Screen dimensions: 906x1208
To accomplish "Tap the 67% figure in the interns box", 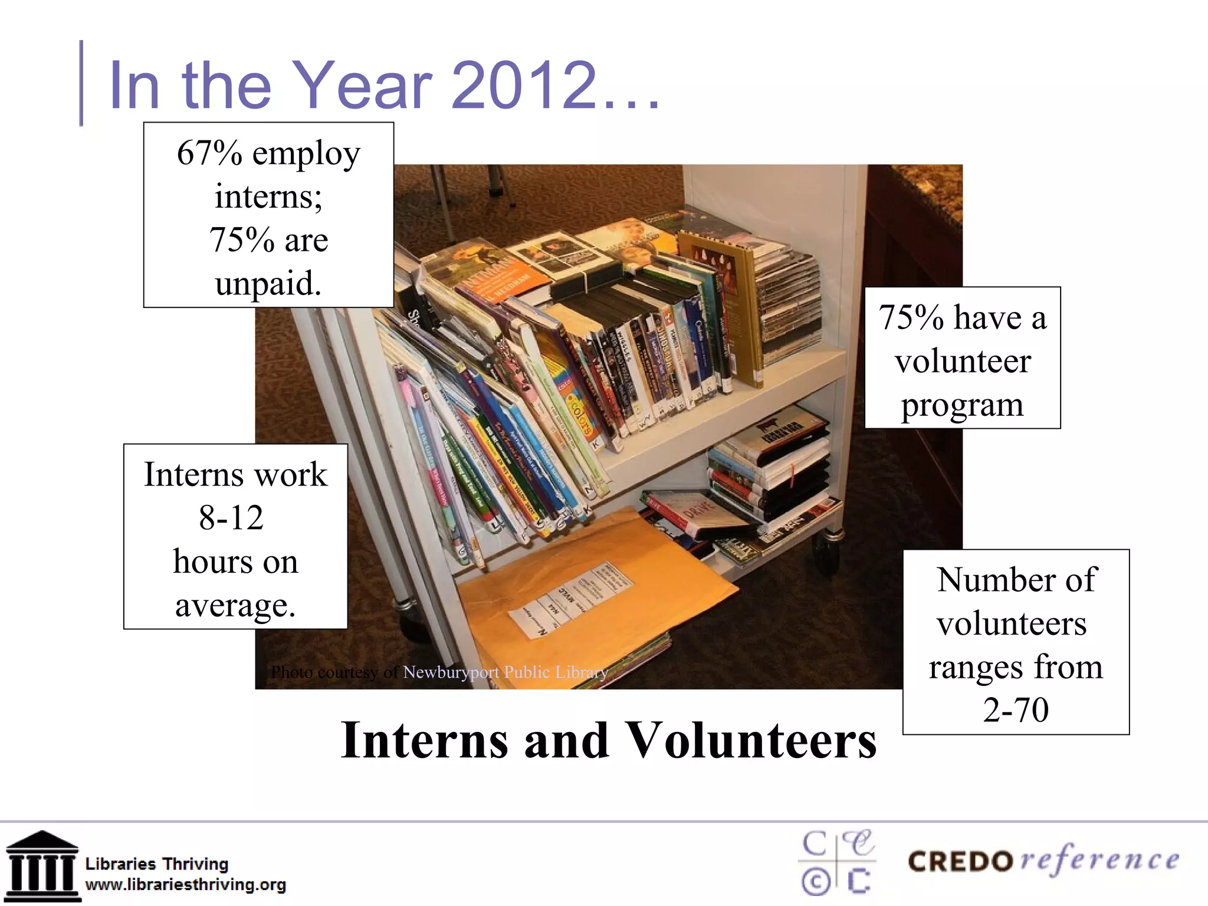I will (209, 153).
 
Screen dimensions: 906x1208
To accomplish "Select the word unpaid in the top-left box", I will (268, 284).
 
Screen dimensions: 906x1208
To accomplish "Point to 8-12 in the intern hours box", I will (231, 518).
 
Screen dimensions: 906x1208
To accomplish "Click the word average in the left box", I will (235, 606).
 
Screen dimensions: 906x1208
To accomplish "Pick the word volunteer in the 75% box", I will (963, 361).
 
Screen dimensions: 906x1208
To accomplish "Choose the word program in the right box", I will (962, 405).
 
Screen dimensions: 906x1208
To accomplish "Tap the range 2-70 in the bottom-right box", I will (1016, 709).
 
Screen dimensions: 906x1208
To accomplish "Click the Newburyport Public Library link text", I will (505, 672).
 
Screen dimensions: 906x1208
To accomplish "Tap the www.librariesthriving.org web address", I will (186, 885).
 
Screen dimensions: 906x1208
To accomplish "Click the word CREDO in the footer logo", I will (960, 862).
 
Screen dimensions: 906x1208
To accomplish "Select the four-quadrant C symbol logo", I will (836, 862).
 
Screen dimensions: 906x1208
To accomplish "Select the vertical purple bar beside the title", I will (81, 83).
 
